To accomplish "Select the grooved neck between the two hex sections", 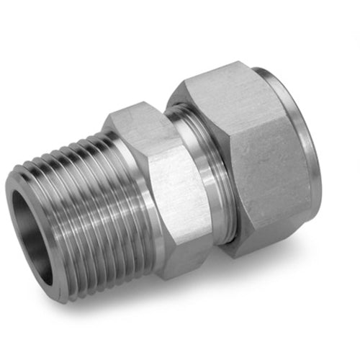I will (x=209, y=180).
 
